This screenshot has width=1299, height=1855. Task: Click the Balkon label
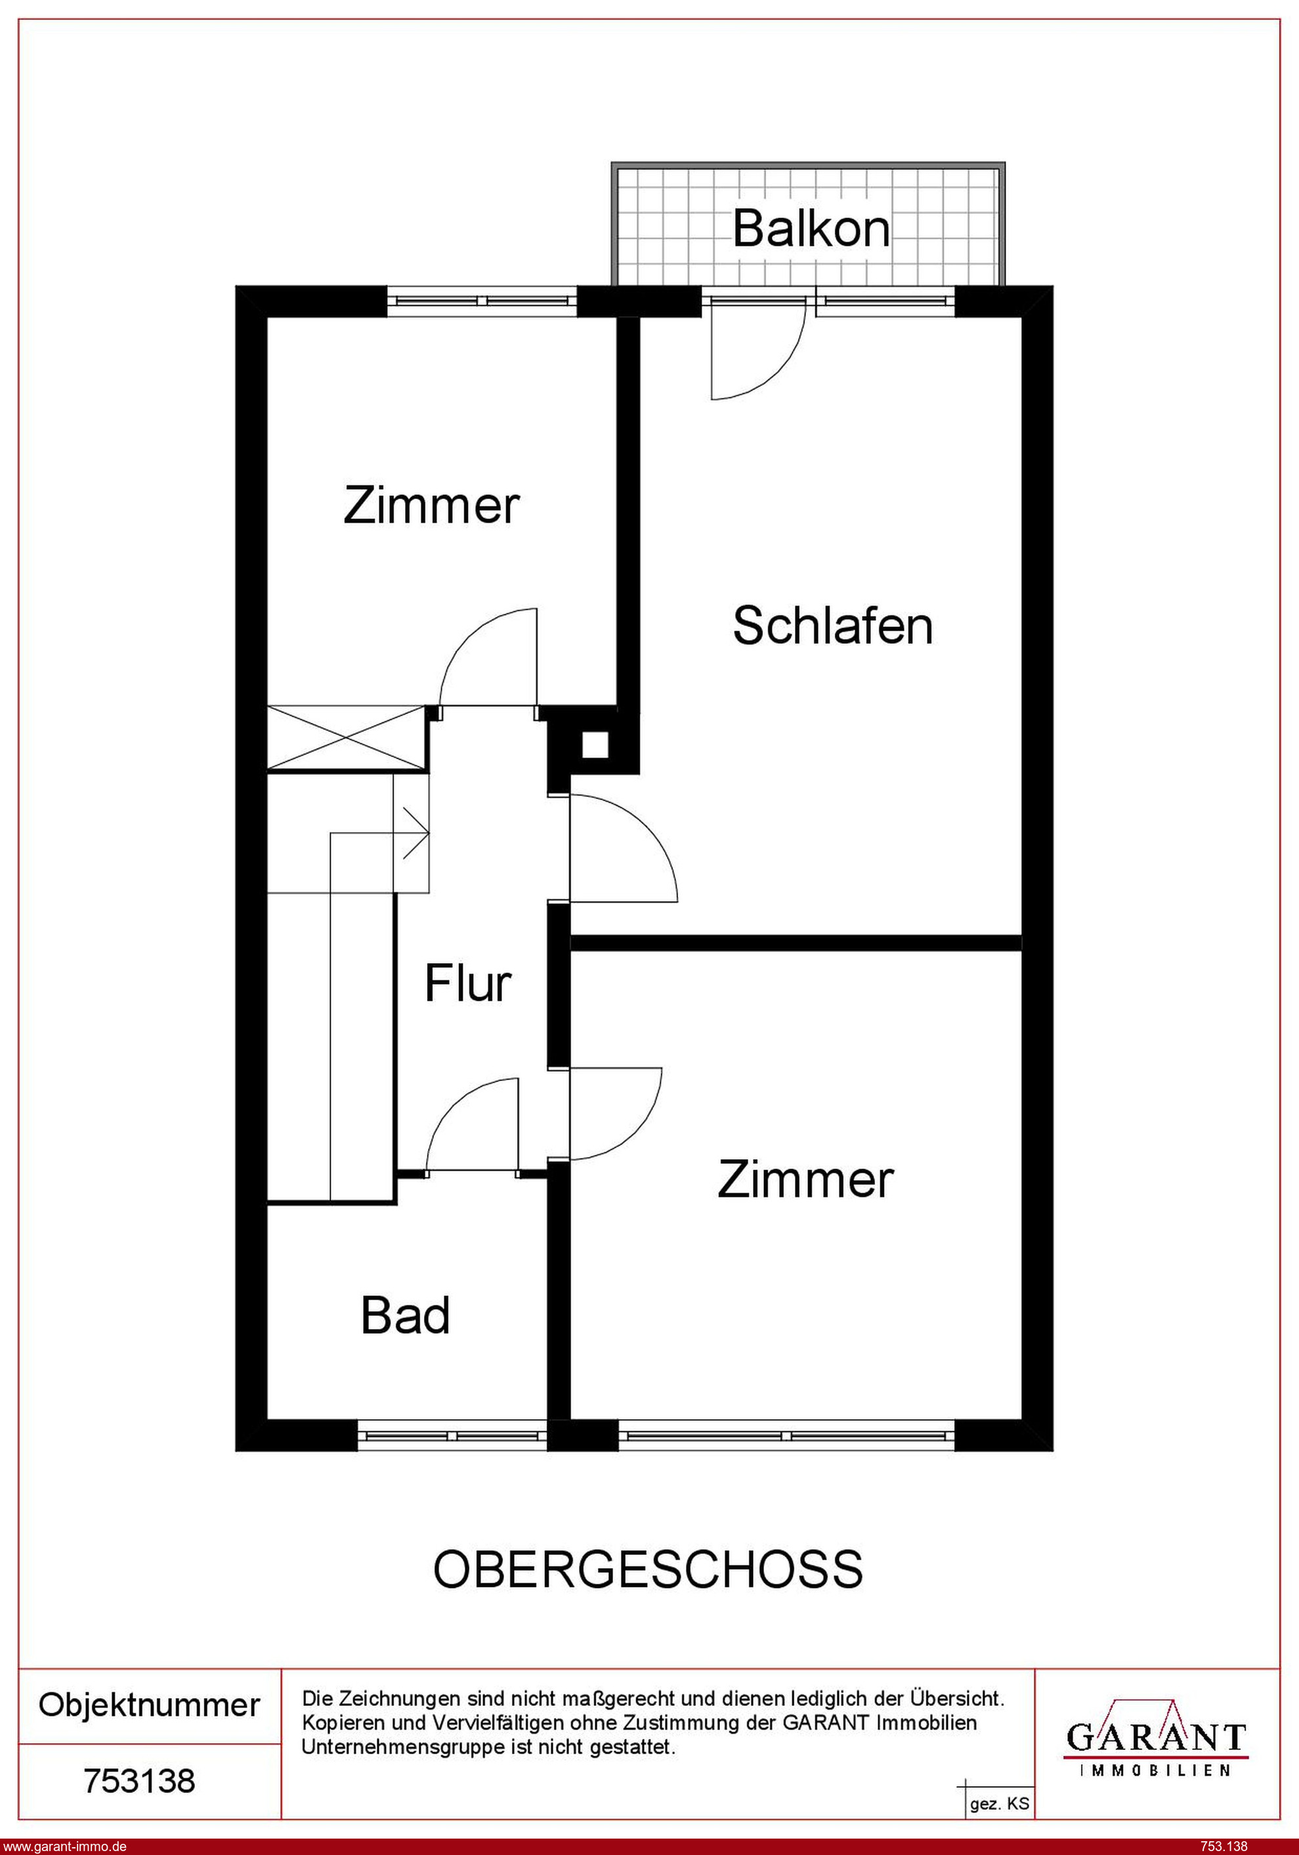[x=811, y=229]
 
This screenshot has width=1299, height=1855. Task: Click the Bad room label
[x=406, y=1315]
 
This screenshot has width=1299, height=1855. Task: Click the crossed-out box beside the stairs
[x=347, y=737]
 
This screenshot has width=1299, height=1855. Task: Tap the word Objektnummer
[x=150, y=1705]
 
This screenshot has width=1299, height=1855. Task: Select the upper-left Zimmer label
[x=431, y=506]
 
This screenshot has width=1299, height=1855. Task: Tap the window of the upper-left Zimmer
[x=482, y=301]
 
